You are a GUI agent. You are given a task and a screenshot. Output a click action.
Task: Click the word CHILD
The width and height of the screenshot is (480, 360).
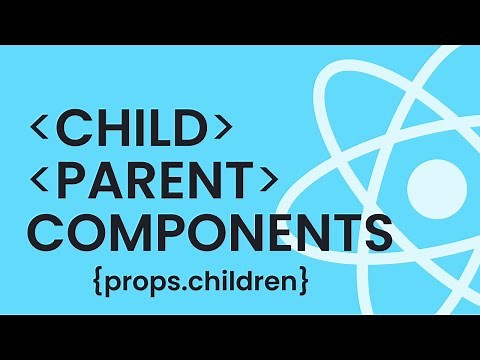click(134, 130)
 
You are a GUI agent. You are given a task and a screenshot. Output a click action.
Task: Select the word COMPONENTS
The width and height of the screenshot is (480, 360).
click(206, 232)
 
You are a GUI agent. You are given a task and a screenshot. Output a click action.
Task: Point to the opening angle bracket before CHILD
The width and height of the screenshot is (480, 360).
click(41, 131)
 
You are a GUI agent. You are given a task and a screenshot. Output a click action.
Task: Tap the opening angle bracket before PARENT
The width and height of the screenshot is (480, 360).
click(41, 181)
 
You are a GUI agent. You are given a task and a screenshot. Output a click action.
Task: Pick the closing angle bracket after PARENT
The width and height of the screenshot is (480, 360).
click(268, 181)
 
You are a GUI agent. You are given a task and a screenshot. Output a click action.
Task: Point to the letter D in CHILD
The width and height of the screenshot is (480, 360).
click(194, 130)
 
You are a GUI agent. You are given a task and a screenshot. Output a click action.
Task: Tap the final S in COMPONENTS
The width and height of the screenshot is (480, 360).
click(375, 232)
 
